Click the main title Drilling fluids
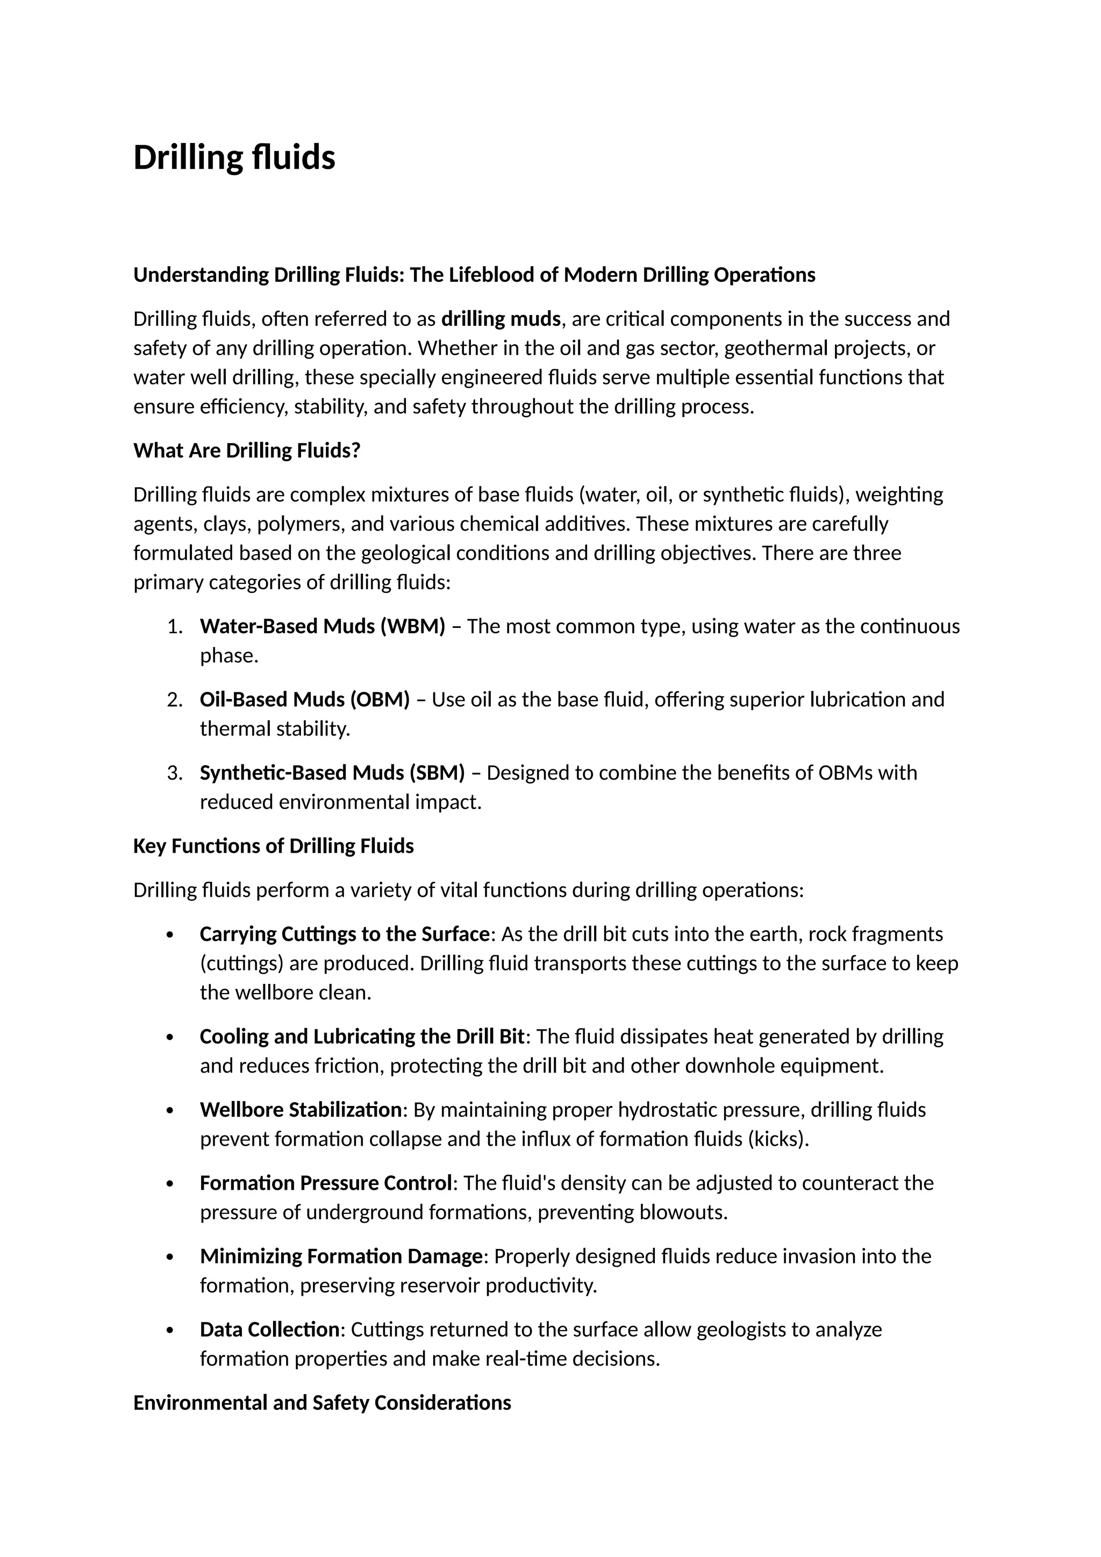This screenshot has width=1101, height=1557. coord(234,158)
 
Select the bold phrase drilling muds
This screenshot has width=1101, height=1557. coord(501,319)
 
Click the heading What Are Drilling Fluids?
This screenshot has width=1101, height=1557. coord(247,451)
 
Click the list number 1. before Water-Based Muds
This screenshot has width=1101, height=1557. coord(175,626)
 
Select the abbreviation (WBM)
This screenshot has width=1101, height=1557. coord(412,626)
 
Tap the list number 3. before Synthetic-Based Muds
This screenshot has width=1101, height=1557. coord(175,773)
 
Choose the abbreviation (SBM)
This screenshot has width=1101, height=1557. coord(437,773)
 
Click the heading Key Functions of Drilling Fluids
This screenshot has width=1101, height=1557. coord(273,846)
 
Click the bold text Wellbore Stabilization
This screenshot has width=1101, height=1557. coord(301,1110)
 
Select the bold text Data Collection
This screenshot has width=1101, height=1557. coord(269,1329)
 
